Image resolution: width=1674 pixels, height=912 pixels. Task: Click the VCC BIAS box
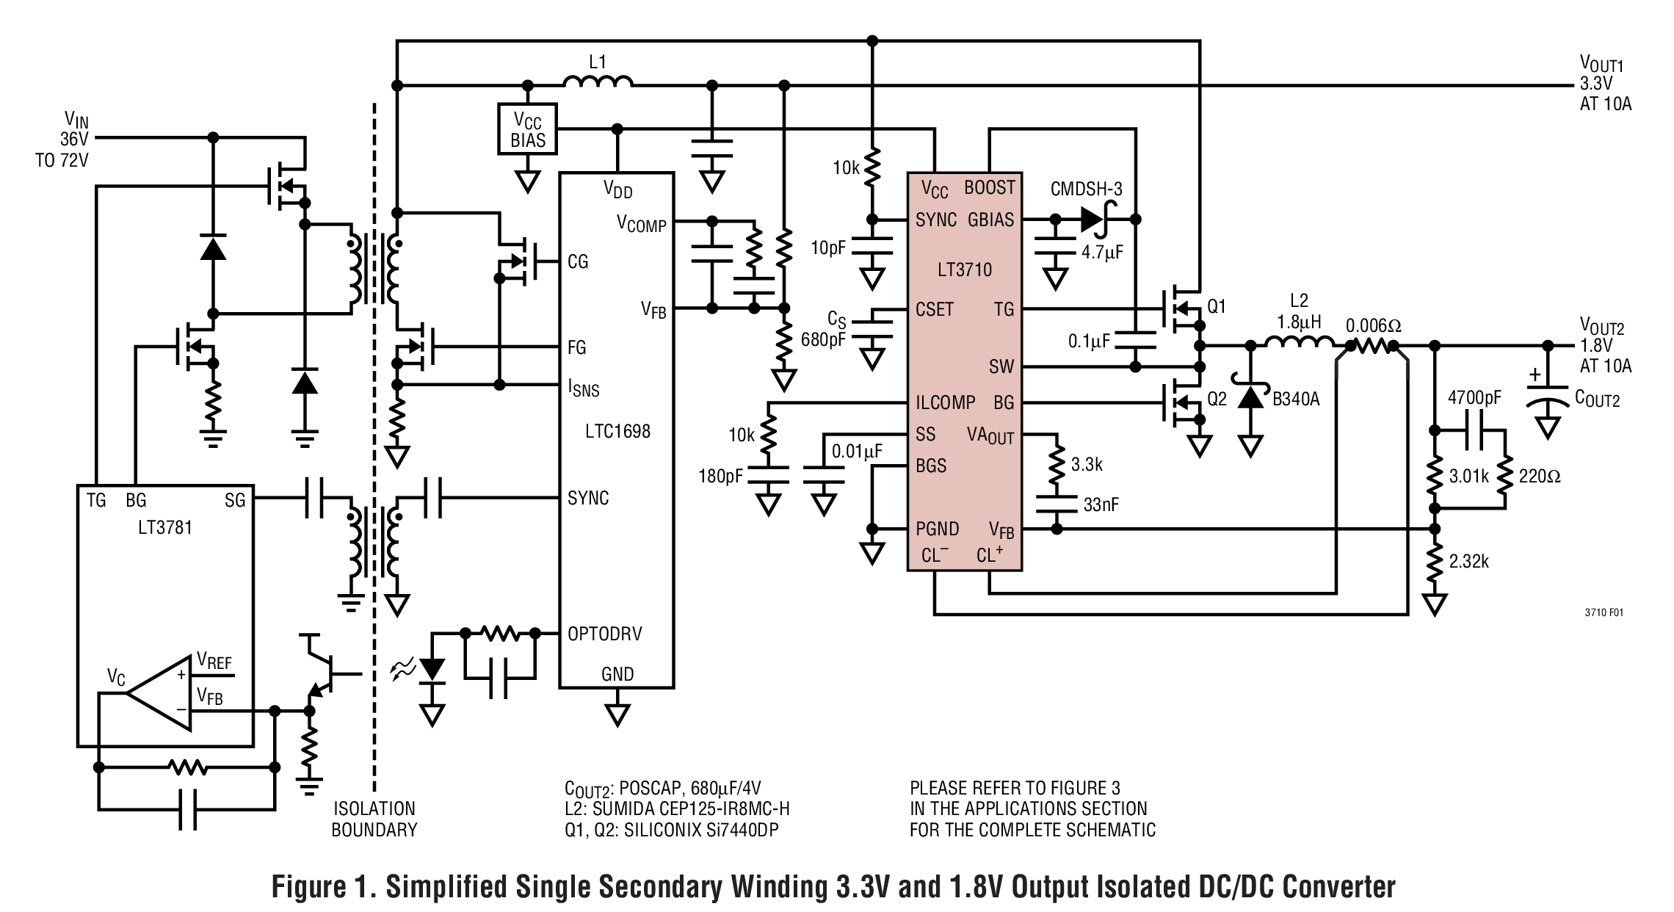pyautogui.click(x=527, y=129)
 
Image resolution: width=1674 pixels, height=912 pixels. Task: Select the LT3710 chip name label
pyautogui.click(x=964, y=269)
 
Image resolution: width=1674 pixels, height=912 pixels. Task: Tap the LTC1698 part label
pyautogui.click(x=617, y=431)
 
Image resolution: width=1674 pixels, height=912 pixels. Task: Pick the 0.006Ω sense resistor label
pyautogui.click(x=1373, y=325)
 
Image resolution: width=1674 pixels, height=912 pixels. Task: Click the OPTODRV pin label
pyautogui.click(x=604, y=634)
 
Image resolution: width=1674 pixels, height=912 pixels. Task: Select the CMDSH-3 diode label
pyautogui.click(x=1086, y=189)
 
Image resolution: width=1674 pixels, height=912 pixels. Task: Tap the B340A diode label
pyautogui.click(x=1296, y=399)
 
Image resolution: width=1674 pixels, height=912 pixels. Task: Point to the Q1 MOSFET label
pyautogui.click(x=1217, y=306)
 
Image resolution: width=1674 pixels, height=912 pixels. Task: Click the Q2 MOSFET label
pyautogui.click(x=1217, y=399)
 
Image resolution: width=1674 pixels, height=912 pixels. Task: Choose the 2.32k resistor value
pyautogui.click(x=1468, y=562)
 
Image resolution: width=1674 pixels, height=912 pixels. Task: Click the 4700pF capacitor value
pyautogui.click(x=1474, y=398)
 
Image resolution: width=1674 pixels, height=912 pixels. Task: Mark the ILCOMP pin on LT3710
pyautogui.click(x=945, y=402)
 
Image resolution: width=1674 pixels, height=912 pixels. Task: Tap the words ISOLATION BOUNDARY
pyautogui.click(x=374, y=819)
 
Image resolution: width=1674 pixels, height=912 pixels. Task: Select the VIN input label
pyautogui.click(x=76, y=119)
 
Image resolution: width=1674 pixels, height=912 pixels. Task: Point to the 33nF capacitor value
pyautogui.click(x=1101, y=504)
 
